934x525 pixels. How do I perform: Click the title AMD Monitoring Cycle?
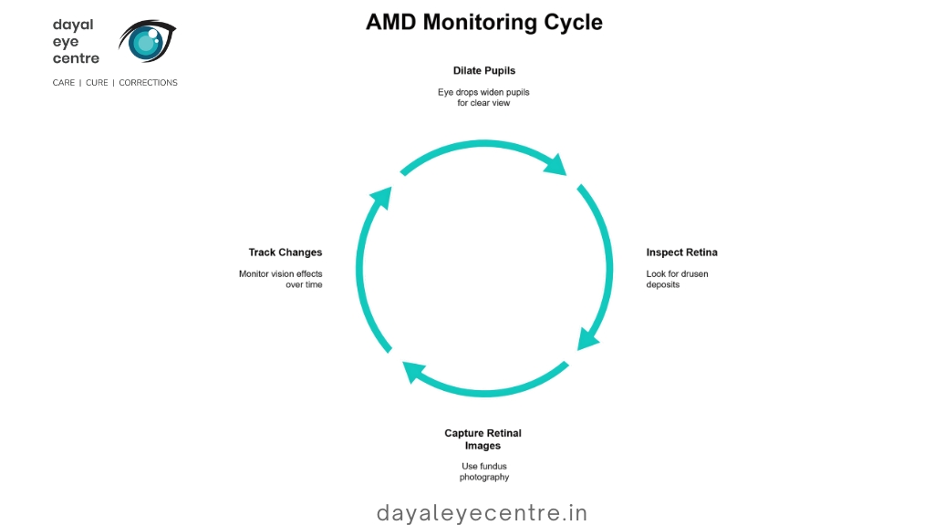click(x=483, y=23)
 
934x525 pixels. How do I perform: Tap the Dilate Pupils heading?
click(x=483, y=71)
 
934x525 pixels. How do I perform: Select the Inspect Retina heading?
click(x=681, y=252)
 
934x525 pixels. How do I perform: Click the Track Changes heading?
click(x=285, y=252)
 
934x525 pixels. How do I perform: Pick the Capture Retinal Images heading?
click(x=483, y=439)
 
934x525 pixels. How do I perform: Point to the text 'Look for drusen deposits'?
click(x=678, y=279)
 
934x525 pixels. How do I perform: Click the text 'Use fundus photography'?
click(x=484, y=471)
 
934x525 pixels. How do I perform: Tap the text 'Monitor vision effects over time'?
click(x=281, y=279)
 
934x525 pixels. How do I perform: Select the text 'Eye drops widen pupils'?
click(x=483, y=92)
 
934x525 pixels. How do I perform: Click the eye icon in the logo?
click(x=147, y=40)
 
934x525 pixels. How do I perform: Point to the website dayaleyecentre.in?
click(x=482, y=512)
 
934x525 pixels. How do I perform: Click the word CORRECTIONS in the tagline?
click(x=149, y=83)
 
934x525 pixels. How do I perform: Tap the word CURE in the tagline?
click(x=97, y=83)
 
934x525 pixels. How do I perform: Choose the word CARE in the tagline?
click(x=64, y=83)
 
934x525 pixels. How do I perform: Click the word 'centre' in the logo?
click(x=76, y=58)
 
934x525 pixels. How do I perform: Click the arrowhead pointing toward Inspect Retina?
click(x=556, y=165)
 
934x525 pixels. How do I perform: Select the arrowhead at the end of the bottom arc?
click(x=413, y=371)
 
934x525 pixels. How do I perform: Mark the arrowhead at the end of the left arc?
click(x=382, y=198)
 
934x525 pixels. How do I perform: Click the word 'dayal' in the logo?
click(x=73, y=25)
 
